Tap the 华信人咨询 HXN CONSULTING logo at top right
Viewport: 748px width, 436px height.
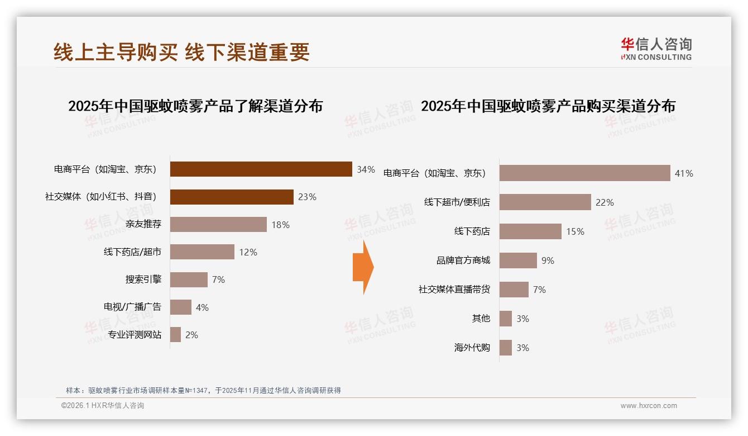click(x=656, y=49)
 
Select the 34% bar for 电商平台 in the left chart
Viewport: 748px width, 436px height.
click(x=261, y=169)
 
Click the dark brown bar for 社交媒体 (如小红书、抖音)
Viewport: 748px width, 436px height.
click(x=232, y=197)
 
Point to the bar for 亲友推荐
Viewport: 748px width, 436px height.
click(x=218, y=225)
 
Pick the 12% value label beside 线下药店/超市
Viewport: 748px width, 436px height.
click(x=248, y=252)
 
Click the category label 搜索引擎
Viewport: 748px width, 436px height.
click(x=143, y=279)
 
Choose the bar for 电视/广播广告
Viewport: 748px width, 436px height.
click(x=181, y=307)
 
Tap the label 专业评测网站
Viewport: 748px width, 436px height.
click(x=135, y=335)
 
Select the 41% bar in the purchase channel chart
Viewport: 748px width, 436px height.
click(x=584, y=173)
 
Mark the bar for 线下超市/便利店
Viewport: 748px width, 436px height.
click(x=545, y=202)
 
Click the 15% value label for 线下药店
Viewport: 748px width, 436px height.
click(x=575, y=231)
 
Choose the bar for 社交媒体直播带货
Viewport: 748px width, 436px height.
click(x=514, y=290)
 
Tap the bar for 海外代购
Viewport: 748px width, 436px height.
click(x=506, y=348)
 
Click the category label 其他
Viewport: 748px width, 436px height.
click(x=481, y=319)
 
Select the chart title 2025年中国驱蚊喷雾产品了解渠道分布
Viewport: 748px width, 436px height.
click(x=195, y=106)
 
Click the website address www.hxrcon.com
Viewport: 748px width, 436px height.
click(x=649, y=406)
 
